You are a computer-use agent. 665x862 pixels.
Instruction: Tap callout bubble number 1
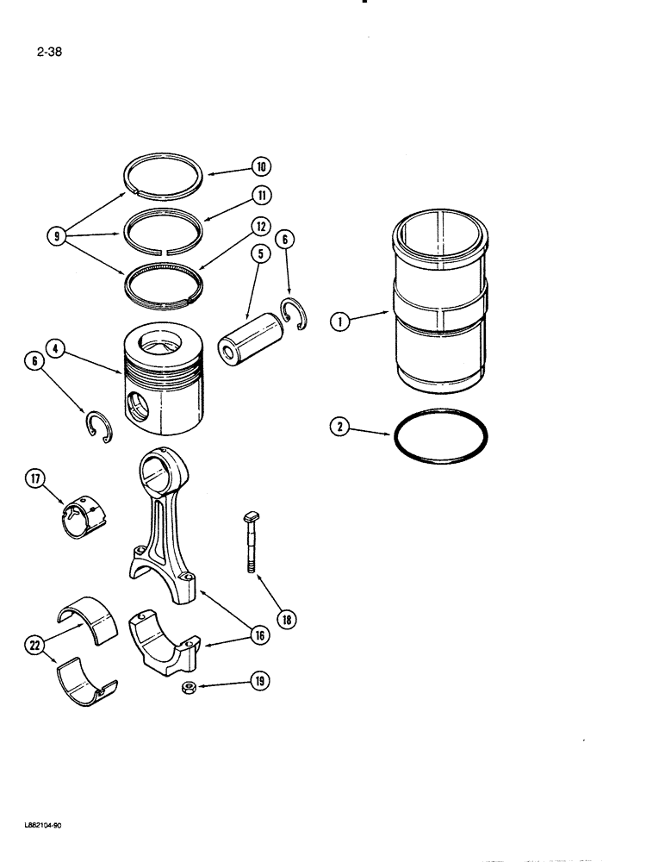[339, 324]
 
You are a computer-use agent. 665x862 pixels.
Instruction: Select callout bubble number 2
[339, 425]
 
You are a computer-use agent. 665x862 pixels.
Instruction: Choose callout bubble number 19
[258, 682]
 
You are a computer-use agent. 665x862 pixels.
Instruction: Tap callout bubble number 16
[258, 635]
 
